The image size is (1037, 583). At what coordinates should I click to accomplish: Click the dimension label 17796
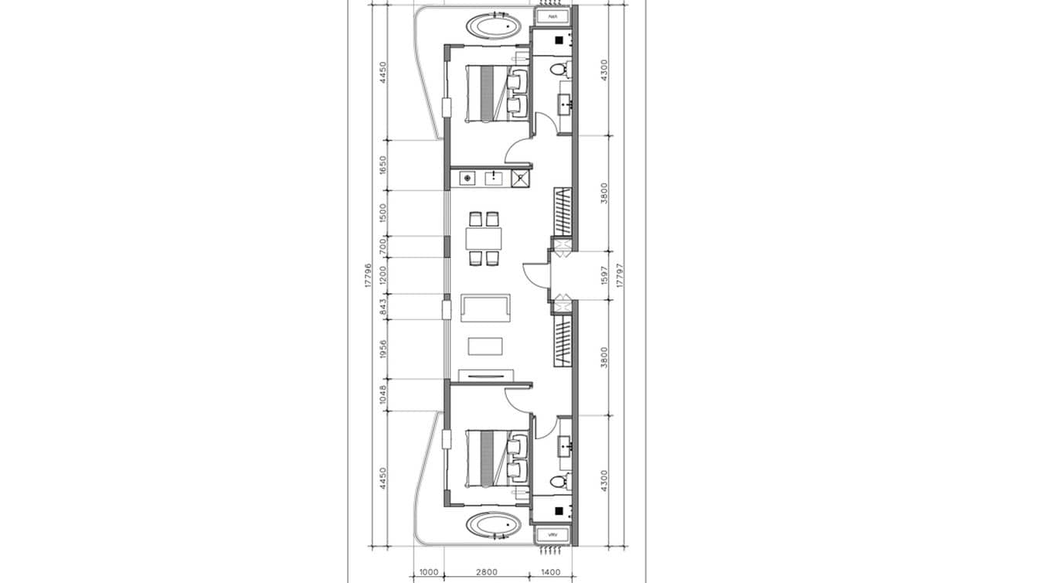(369, 275)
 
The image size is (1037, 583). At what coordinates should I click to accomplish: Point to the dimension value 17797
(620, 275)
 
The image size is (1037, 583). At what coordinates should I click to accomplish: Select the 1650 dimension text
(382, 165)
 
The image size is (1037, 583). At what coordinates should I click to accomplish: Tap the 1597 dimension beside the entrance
(605, 276)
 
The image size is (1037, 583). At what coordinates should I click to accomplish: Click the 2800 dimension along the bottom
(486, 572)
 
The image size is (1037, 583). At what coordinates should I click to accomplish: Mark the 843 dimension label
(382, 308)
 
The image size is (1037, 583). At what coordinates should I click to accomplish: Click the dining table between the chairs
(484, 238)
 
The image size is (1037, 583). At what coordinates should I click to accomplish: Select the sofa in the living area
(484, 308)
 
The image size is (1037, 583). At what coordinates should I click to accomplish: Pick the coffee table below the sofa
(485, 345)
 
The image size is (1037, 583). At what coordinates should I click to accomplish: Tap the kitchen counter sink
(493, 179)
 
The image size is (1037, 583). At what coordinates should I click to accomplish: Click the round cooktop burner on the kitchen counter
(466, 179)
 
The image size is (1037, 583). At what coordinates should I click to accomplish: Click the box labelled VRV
(552, 535)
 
